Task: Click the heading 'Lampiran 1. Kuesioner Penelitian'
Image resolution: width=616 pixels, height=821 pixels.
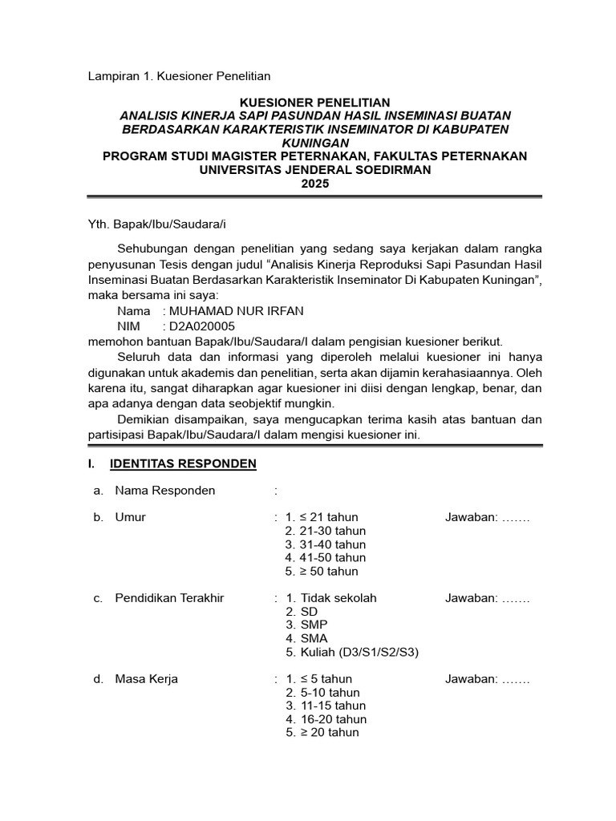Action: [179, 76]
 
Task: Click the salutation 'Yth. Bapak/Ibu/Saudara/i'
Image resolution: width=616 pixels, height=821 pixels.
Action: [151, 224]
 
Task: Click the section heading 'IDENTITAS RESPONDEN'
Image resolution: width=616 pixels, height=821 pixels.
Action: [183, 463]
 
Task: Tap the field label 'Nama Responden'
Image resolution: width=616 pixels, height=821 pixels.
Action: [164, 491]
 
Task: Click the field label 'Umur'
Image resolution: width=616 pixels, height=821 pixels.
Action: [131, 517]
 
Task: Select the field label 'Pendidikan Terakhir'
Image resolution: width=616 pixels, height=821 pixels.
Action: [169, 598]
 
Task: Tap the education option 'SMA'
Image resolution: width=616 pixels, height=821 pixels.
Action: [314, 638]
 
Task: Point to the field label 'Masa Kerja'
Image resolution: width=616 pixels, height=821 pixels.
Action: [147, 679]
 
